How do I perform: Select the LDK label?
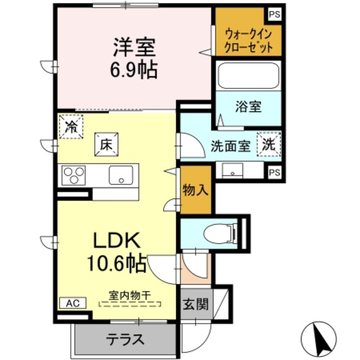click(x=116, y=241)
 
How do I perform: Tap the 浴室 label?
click(x=248, y=107)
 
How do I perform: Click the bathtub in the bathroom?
click(x=248, y=76)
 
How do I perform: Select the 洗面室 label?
click(x=230, y=146)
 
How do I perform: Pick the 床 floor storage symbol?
click(x=106, y=145)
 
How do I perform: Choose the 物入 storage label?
click(x=195, y=190)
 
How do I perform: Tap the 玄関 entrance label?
click(x=195, y=304)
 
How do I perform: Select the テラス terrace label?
click(x=125, y=339)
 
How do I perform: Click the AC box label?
click(x=72, y=303)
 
